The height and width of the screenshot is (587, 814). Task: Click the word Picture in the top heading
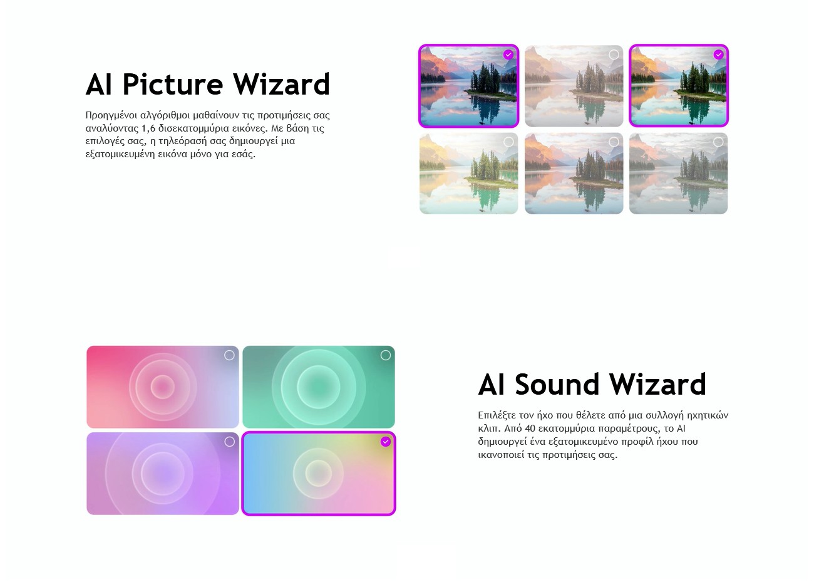click(173, 85)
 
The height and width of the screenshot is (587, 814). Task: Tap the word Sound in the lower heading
click(556, 384)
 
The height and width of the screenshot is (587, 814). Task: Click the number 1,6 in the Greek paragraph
click(148, 128)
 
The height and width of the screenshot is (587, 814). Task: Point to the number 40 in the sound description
click(530, 428)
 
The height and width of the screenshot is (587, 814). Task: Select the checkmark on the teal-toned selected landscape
click(718, 55)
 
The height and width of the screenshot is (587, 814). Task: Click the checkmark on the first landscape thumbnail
click(508, 55)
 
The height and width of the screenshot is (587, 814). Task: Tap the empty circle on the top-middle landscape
click(614, 55)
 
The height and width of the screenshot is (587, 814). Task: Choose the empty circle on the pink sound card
click(229, 355)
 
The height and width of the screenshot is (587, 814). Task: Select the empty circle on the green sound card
click(386, 355)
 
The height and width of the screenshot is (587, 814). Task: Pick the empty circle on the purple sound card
click(229, 442)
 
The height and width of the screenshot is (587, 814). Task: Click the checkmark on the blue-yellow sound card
click(386, 442)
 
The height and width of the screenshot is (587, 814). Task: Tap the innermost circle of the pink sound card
click(162, 387)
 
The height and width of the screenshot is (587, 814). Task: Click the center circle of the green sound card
click(319, 387)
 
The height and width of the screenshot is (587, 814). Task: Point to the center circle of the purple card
click(162, 474)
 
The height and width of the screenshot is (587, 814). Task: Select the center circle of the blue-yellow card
click(319, 474)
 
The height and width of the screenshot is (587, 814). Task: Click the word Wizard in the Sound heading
click(657, 384)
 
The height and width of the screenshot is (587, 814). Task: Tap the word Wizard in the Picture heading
click(281, 84)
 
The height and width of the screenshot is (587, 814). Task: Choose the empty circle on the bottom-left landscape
click(508, 142)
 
